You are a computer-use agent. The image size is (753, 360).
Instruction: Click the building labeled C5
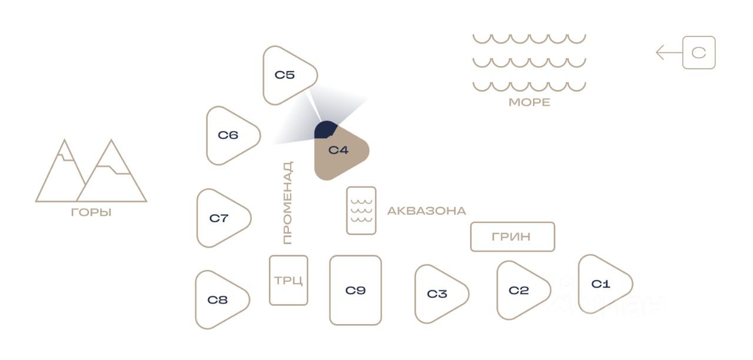point(286,75)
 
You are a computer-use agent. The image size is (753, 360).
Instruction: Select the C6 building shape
point(230,135)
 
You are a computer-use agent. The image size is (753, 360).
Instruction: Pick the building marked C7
point(221,218)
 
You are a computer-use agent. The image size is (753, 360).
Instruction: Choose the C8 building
point(219,299)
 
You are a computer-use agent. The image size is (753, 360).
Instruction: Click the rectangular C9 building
point(355,290)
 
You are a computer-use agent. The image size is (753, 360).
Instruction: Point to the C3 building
point(439,294)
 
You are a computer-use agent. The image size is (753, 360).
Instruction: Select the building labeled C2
point(521,290)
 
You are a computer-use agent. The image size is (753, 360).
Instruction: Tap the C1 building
point(602,284)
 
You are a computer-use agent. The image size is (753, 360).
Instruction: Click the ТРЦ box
point(288,280)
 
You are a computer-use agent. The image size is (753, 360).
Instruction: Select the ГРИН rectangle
point(512,236)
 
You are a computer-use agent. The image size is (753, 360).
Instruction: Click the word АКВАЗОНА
point(427,211)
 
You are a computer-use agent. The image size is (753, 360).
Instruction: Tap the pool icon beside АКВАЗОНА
point(361,211)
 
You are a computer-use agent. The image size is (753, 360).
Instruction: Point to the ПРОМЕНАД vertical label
point(287,203)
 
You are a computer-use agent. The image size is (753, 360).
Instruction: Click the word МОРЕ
point(529,102)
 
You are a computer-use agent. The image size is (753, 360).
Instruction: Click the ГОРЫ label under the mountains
point(91,212)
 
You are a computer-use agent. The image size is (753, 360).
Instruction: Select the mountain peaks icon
point(91,172)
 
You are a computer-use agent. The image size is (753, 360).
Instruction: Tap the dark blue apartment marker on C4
point(325,129)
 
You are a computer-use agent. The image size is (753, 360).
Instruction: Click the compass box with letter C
point(699,53)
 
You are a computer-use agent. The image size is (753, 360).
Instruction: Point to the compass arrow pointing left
point(668,53)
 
